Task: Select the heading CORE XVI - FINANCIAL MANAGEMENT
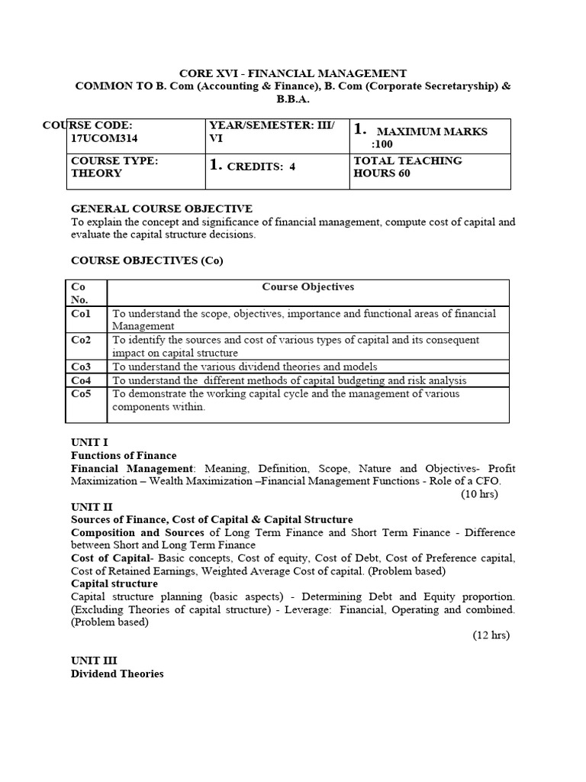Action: [x=293, y=73]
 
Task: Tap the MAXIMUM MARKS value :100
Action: [x=382, y=144]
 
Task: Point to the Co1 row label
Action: [x=81, y=313]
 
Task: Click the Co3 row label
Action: [x=81, y=367]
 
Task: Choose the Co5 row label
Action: [x=81, y=394]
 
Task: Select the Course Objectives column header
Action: [x=307, y=286]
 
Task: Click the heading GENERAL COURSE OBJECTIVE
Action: [x=161, y=208]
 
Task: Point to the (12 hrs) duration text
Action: [x=489, y=635]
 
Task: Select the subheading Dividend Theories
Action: [x=117, y=674]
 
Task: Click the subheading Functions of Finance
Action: [x=124, y=455]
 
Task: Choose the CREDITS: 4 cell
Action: [x=252, y=166]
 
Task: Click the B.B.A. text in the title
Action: [x=293, y=99]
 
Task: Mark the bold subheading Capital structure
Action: [x=114, y=583]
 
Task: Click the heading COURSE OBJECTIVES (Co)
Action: [x=146, y=260]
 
